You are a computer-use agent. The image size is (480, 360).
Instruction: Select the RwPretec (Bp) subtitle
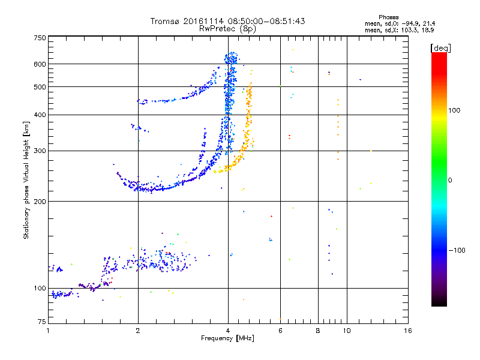(x=227, y=28)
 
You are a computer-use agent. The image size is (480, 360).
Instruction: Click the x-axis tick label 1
(x=48, y=331)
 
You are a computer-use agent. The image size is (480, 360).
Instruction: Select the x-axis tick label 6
(x=280, y=331)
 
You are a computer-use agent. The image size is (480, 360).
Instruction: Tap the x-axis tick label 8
(x=318, y=331)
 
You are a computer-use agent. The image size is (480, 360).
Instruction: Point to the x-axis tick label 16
(x=407, y=331)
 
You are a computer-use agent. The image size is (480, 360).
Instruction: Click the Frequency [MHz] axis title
(x=227, y=339)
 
